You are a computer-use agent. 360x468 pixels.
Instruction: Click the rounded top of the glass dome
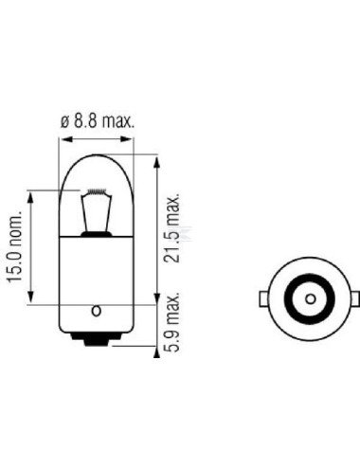pos(95,151)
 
